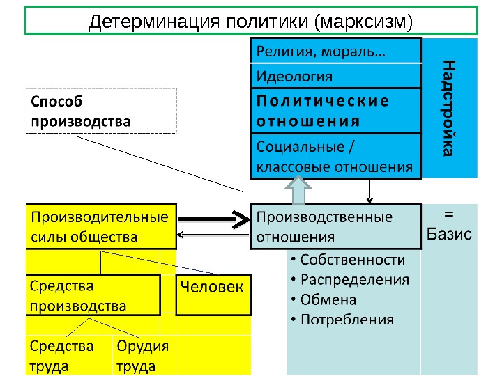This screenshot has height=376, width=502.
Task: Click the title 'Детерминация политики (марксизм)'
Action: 251,21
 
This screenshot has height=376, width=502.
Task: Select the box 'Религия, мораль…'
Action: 335,51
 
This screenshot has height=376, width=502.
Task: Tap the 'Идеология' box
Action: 335,75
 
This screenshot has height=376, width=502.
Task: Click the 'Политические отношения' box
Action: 335,110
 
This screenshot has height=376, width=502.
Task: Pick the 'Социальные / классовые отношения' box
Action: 335,157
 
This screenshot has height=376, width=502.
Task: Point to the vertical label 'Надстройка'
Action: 450,108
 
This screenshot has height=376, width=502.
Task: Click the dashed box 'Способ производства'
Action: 101,111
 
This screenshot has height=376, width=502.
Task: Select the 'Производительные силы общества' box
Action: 101,226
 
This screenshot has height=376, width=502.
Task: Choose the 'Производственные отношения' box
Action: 335,226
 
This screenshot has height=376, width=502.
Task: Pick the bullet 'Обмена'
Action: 328,300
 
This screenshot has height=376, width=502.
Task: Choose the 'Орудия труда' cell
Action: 143,356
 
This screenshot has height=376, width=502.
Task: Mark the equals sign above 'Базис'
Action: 449,213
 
